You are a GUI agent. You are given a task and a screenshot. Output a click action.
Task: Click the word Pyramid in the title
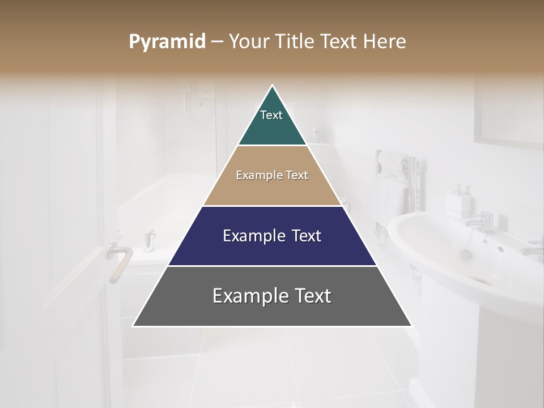pyautogui.click(x=167, y=42)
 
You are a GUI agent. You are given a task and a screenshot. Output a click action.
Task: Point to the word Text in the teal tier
pyautogui.click(x=271, y=115)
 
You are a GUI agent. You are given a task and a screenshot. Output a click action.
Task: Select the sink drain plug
pyautogui.click(x=466, y=254)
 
